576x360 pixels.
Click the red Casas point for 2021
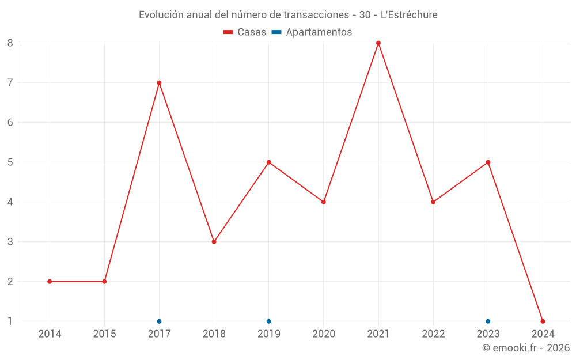click(378, 43)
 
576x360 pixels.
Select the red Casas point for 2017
click(159, 82)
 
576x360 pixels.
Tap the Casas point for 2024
click(543, 321)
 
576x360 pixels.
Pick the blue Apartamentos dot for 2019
click(268, 321)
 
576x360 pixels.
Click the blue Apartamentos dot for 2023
click(488, 321)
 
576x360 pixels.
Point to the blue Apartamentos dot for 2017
click(159, 321)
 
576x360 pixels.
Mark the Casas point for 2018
click(214, 241)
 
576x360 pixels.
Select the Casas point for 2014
click(50, 281)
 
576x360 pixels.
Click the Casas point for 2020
click(323, 202)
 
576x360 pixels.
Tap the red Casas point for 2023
click(488, 162)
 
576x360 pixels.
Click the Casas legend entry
click(245, 32)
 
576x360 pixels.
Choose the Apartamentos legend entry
click(312, 32)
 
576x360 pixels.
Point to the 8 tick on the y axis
click(10, 43)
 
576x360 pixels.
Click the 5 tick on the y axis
click(10, 162)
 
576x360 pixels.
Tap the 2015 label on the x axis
click(104, 334)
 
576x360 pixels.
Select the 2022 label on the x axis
click(433, 334)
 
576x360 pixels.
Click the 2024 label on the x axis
click(543, 334)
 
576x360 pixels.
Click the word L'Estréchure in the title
click(409, 14)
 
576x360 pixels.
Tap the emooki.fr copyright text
click(526, 348)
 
